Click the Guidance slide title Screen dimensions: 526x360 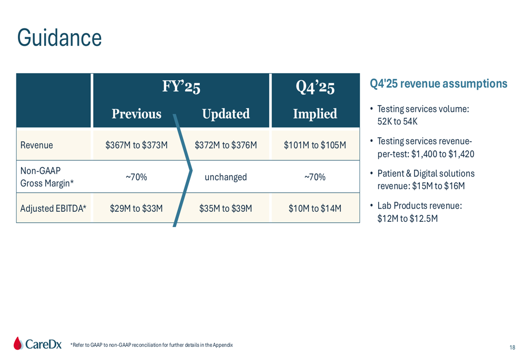[x=59, y=37]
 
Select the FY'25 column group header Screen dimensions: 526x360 [x=181, y=87]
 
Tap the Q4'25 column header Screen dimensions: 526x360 [x=315, y=87]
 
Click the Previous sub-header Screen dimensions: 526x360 [x=137, y=114]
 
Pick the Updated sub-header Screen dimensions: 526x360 [x=226, y=114]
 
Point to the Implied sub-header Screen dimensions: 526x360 [x=315, y=114]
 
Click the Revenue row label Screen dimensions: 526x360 [x=37, y=145]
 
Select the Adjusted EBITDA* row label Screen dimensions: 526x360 [x=53, y=209]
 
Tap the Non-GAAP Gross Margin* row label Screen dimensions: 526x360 [x=47, y=177]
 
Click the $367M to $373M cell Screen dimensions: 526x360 [x=137, y=145]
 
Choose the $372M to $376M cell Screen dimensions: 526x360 [x=226, y=145]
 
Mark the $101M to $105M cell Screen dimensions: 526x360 [x=315, y=145]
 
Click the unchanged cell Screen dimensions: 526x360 [x=226, y=177]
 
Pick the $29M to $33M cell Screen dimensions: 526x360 [x=137, y=209]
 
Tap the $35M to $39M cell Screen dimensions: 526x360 [x=226, y=209]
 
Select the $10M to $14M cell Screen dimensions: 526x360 [x=315, y=209]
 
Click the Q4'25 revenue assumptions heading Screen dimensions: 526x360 [x=439, y=84]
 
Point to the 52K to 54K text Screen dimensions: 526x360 [x=398, y=121]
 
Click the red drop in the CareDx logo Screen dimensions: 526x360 [x=18, y=343]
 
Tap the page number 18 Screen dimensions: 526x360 [x=512, y=347]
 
